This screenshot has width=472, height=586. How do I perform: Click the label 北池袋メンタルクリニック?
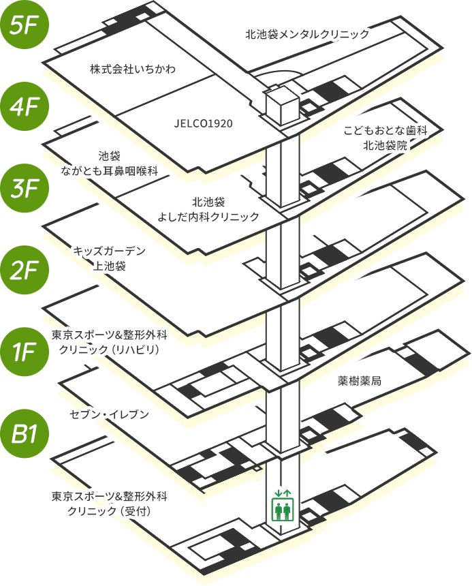(307, 33)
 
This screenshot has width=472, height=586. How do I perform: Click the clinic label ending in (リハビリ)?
(109, 343)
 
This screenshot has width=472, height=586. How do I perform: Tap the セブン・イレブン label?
(109, 414)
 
